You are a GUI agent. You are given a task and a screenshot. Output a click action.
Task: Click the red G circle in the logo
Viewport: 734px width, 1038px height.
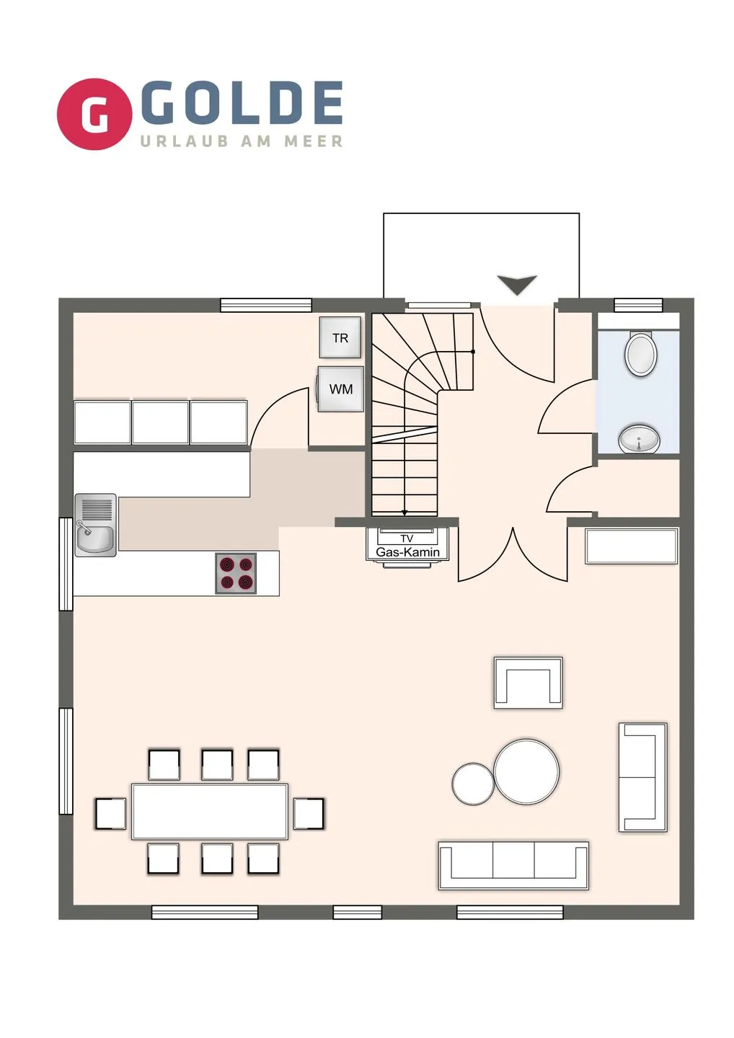click(x=94, y=114)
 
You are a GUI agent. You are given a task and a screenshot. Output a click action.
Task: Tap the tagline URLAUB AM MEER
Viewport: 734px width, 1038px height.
click(x=242, y=141)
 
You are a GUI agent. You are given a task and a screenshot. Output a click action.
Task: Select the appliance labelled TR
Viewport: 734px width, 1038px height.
click(x=340, y=337)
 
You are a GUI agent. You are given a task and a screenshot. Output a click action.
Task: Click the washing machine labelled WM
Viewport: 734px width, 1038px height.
click(x=340, y=389)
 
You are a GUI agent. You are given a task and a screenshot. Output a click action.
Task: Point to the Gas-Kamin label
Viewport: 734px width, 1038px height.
click(x=407, y=551)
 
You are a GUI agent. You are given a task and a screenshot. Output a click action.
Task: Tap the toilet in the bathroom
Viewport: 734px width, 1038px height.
click(x=640, y=354)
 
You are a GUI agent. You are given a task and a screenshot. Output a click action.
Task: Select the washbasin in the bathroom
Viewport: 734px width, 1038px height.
click(x=639, y=438)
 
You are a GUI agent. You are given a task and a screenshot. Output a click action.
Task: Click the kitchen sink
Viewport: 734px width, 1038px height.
click(x=95, y=525)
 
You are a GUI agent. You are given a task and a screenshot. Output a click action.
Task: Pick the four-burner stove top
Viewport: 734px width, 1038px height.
click(x=236, y=573)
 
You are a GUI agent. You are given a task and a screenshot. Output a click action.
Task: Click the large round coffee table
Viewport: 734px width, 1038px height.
click(x=526, y=772)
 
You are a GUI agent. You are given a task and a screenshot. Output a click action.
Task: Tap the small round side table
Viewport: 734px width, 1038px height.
click(x=473, y=784)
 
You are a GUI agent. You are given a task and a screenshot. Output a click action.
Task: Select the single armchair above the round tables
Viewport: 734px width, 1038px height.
click(x=528, y=682)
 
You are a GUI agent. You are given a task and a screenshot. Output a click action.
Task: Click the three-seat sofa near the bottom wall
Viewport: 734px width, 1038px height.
click(x=513, y=865)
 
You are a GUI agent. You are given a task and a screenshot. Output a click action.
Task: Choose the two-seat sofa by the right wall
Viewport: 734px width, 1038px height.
click(x=642, y=777)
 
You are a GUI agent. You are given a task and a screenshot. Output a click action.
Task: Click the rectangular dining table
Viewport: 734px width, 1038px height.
click(x=209, y=812)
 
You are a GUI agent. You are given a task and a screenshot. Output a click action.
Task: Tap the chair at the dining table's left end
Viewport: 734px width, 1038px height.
click(x=110, y=814)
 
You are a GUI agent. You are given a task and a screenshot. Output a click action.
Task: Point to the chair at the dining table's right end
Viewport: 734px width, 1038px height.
click(x=309, y=814)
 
